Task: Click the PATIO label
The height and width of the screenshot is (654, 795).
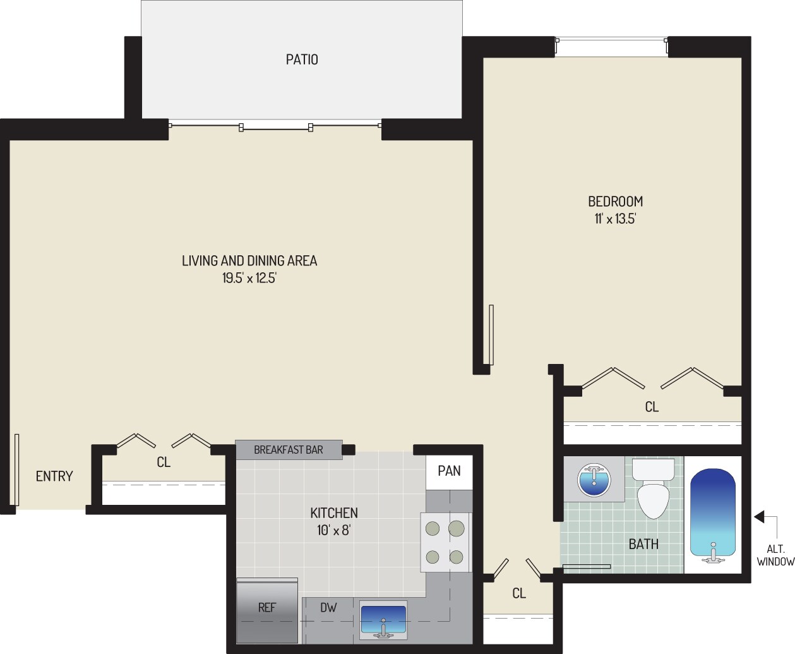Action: coord(302,59)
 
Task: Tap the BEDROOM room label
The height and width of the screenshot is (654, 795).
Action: coord(615,202)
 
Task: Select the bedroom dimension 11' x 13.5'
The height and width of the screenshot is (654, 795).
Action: coord(615,219)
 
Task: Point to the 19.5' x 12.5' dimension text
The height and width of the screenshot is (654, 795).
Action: coord(249,278)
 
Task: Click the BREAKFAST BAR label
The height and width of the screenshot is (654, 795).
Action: coord(288,450)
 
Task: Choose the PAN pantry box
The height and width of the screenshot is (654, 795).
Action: coord(449,471)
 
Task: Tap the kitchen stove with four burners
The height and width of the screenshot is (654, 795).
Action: coord(445,542)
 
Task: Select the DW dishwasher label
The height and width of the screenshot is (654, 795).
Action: coord(328,608)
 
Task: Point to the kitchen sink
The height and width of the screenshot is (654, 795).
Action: coord(383,620)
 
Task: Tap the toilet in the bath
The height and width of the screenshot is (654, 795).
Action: coord(653,489)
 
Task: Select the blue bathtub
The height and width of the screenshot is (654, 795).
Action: coord(713,514)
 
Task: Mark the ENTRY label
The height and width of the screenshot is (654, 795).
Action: coord(54,476)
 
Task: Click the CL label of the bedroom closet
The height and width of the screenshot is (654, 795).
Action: coord(652,408)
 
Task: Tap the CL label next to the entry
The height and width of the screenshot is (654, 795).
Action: coord(164,463)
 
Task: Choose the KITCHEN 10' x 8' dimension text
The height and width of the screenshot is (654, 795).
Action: coord(333,530)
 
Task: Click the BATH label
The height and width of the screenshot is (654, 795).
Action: coord(643,544)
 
